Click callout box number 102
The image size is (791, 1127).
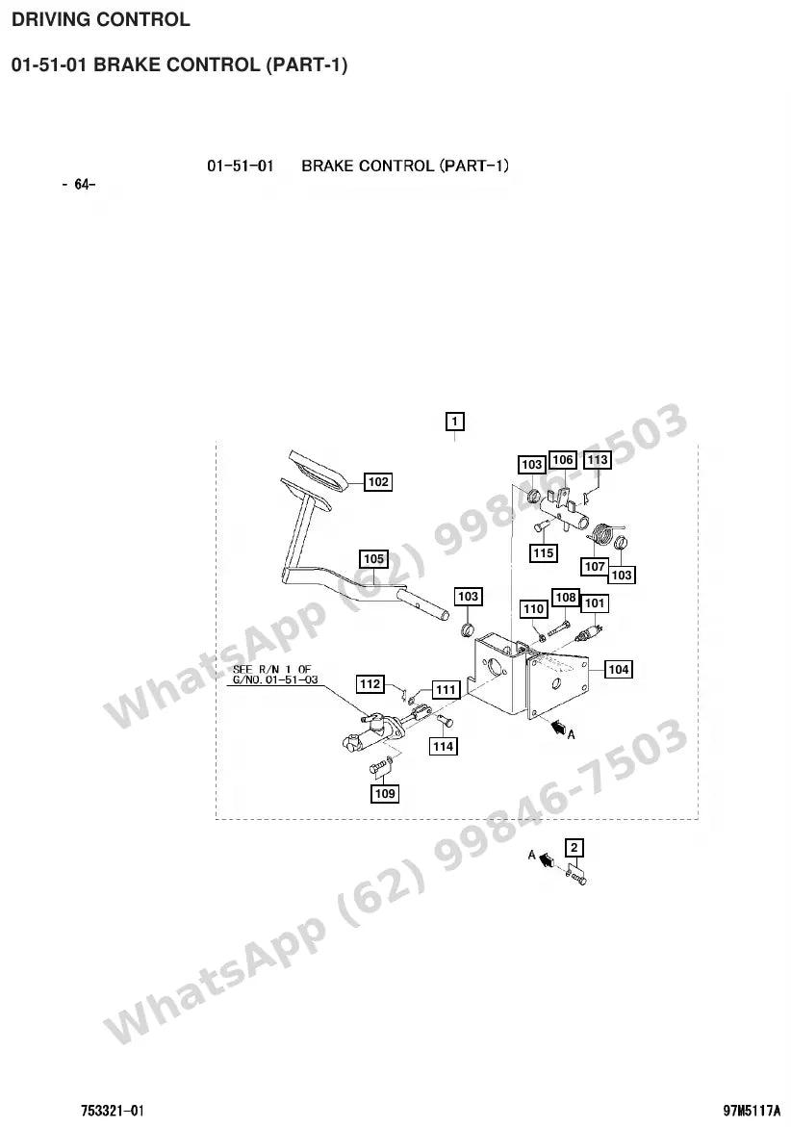pos(378,481)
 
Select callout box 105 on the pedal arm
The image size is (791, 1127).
pos(373,558)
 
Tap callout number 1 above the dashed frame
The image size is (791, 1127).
pos(455,421)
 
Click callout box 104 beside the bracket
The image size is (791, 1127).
pos(619,669)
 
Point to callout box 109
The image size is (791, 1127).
pos(384,793)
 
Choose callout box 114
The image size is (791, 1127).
pos(443,746)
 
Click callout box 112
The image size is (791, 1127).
pos(370,683)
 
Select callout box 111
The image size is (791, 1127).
pos(446,690)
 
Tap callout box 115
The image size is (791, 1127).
pos(543,552)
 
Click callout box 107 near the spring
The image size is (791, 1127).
pos(595,566)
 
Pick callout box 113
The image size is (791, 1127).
pos(597,459)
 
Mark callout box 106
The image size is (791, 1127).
pos(563,460)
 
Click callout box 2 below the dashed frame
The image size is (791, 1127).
pos(574,847)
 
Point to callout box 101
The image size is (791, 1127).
pos(594,603)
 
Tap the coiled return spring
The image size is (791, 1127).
pos(602,533)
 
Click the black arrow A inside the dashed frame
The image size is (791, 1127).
pos(557,727)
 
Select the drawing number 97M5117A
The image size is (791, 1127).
pos(751,1111)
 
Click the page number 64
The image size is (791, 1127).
pos(79,185)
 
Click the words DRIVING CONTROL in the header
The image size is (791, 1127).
pos(101,19)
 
